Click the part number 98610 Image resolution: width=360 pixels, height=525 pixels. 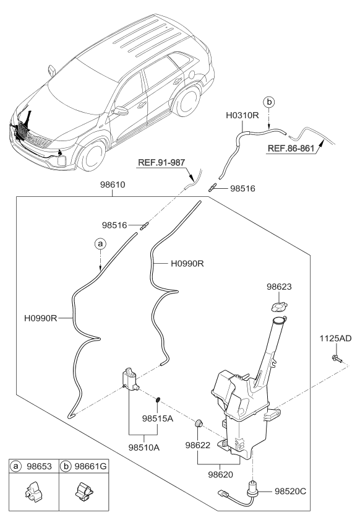[111, 186]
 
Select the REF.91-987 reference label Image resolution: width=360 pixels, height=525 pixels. [161, 163]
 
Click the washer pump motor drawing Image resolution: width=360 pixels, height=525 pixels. [130, 378]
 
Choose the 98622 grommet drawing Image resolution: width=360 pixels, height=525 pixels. [200, 423]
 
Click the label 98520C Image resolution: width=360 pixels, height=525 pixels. [289, 490]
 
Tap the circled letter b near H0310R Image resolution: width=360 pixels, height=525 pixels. [268, 101]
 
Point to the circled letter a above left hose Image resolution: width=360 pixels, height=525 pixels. [99, 245]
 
